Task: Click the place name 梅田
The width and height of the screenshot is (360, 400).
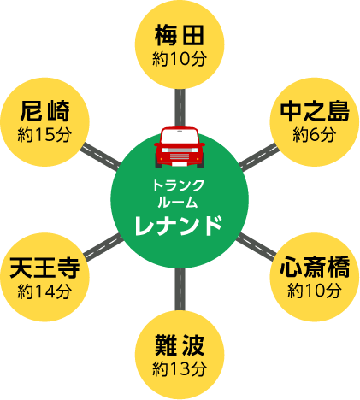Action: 180,35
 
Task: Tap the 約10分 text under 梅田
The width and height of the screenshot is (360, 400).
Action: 180,59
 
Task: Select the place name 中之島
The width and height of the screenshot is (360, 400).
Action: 315,111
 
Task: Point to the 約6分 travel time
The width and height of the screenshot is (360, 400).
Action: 315,135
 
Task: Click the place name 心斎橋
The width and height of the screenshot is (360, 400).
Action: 315,267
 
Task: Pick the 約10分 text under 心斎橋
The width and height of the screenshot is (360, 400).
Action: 315,291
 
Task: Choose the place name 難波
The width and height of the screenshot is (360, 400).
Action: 180,345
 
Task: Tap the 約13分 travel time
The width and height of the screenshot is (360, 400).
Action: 180,369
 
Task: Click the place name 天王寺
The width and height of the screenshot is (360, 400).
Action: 44,268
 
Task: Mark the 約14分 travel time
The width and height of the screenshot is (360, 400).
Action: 44,291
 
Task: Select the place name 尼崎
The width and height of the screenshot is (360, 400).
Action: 44,111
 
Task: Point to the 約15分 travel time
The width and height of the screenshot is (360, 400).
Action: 44,135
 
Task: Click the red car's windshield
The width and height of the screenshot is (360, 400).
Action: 180,137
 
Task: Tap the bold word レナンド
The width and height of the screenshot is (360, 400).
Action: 179,226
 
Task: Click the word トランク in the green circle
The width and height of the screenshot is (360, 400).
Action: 179,185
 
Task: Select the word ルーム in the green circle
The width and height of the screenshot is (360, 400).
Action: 178,203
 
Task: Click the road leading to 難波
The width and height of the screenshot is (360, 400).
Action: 180,290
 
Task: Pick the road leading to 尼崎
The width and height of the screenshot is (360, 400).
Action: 100,157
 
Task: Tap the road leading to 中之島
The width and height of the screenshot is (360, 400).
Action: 259,157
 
